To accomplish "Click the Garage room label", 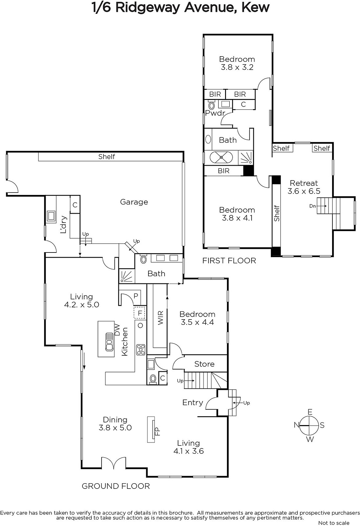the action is point(134,202).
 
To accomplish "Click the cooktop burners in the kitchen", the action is point(141,350).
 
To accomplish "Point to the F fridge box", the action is point(140,313).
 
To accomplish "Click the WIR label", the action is point(161,318).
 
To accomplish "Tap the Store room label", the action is point(204,364).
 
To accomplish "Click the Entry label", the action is point(193,402).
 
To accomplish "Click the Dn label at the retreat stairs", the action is point(313,206).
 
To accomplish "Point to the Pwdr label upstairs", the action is point(215,113).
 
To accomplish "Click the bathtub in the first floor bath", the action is point(221,157).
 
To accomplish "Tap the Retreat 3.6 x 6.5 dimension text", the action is point(304,191).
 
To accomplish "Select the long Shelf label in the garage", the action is point(107,156).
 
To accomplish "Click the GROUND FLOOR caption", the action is point(116,486).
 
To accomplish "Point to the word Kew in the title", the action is point(256,8).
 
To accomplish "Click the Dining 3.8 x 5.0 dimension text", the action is point(115,428).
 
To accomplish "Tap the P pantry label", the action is point(136,296).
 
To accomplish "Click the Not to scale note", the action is point(334,523).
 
